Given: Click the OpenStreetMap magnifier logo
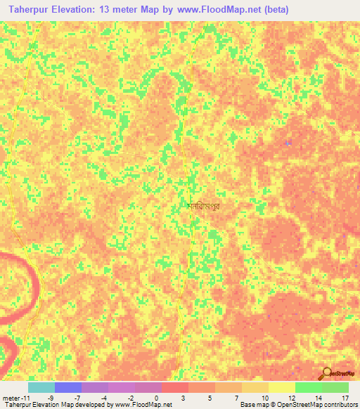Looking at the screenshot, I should [328, 372].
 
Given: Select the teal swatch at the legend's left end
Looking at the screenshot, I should [41, 387].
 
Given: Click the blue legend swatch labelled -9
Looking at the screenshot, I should [68, 387].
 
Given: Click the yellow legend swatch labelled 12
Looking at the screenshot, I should [282, 387].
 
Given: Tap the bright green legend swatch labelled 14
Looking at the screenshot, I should [309, 387].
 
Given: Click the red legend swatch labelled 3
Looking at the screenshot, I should [175, 387].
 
